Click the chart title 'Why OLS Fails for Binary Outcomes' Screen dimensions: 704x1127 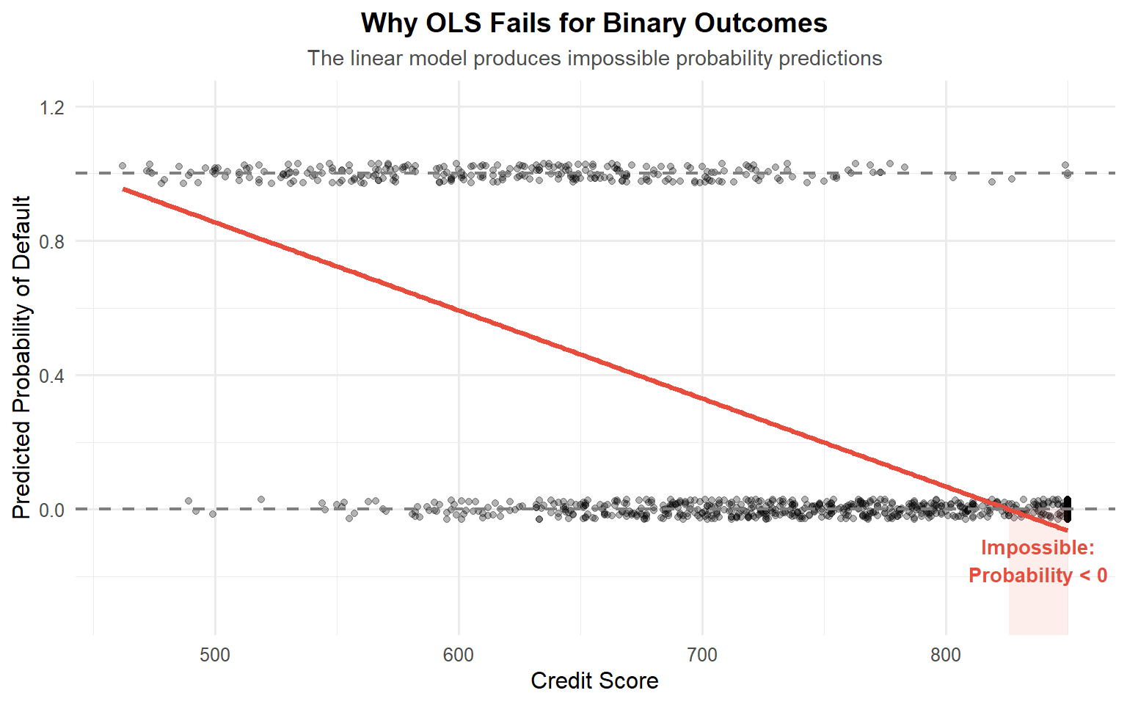pos(594,23)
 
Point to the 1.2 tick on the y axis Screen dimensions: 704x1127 pos(52,108)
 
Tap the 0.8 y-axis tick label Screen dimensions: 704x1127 pos(52,242)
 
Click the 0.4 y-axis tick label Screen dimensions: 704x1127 pos(52,376)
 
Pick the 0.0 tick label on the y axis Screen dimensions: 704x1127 pos(52,510)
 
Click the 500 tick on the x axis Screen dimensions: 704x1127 pos(215,655)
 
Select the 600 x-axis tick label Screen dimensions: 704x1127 pos(459,655)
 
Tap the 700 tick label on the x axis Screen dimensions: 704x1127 pos(702,655)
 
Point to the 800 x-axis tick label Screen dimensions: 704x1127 pos(946,655)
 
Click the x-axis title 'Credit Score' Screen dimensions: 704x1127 pos(594,681)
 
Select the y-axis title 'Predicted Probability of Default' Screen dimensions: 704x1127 pos(22,357)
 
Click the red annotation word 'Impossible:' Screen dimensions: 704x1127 pos(1037,548)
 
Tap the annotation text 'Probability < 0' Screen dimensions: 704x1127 pos(1037,576)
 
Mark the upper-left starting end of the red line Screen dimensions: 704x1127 pos(124,189)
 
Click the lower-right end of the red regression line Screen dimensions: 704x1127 pos(1067,529)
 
